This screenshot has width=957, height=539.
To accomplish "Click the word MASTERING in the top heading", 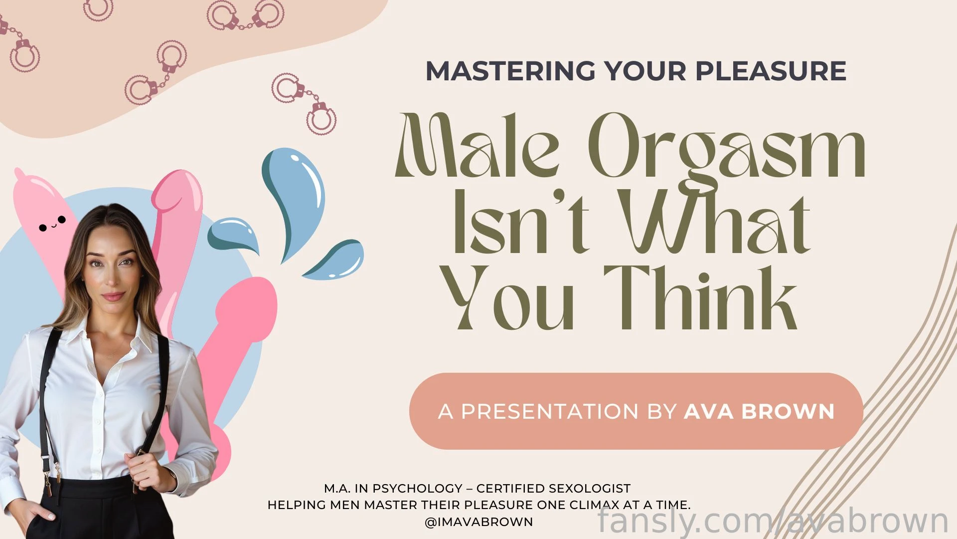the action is [511, 71].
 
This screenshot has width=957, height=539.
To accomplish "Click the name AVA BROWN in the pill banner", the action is [759, 411].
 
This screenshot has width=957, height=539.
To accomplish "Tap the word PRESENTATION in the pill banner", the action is [550, 411].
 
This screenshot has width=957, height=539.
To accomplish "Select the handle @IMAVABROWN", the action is [478, 522].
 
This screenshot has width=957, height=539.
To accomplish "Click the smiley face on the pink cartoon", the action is [52, 224].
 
